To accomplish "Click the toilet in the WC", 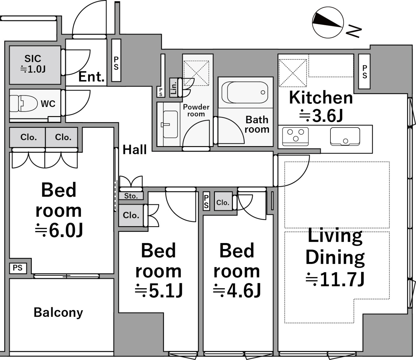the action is pyautogui.click(x=24, y=103).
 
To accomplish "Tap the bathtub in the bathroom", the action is pyautogui.click(x=245, y=92).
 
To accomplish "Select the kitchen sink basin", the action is pyautogui.click(x=345, y=136).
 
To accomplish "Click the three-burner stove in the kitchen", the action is pyautogui.click(x=295, y=136).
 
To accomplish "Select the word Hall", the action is pyautogui.click(x=135, y=150).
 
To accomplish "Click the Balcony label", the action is pyautogui.click(x=58, y=312).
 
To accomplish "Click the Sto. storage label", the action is pyautogui.click(x=131, y=196).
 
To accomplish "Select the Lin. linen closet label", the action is pyautogui.click(x=173, y=88).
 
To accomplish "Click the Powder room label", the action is pyautogui.click(x=196, y=110).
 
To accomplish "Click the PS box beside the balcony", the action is pyautogui.click(x=18, y=268).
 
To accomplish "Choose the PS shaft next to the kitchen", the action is pyautogui.click(x=364, y=72).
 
